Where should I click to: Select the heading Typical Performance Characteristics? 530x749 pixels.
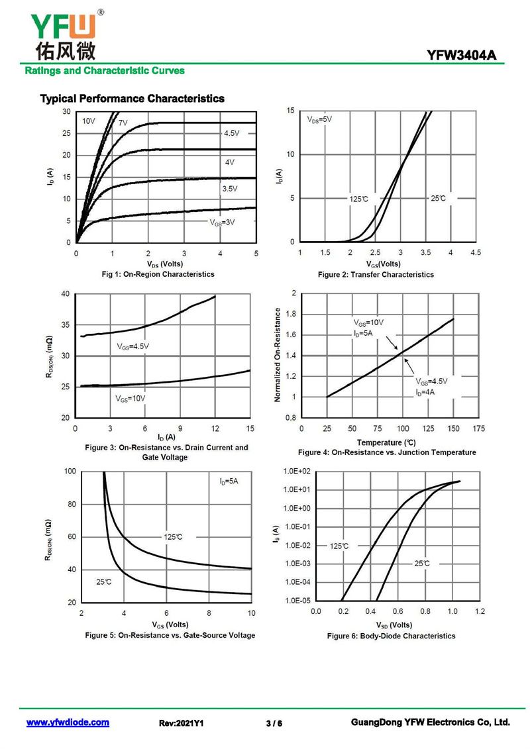pyautogui.click(x=132, y=99)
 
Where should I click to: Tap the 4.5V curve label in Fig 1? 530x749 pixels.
pyautogui.click(x=231, y=133)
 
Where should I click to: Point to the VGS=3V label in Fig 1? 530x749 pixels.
pyautogui.click(x=223, y=223)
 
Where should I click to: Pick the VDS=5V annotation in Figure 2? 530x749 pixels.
pyautogui.click(x=319, y=119)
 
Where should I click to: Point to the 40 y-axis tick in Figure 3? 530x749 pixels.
pyautogui.click(x=65, y=294)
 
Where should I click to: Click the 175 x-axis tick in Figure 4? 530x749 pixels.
pyautogui.click(x=478, y=429)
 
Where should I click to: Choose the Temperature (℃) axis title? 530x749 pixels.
pyautogui.click(x=386, y=442)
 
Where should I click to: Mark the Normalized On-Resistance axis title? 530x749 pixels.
pyautogui.click(x=277, y=355)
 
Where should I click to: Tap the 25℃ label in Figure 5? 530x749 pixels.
pyautogui.click(x=104, y=581)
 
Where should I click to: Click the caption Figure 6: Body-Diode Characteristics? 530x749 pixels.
pyautogui.click(x=391, y=636)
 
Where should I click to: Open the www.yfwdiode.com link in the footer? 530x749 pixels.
pyautogui.click(x=68, y=723)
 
